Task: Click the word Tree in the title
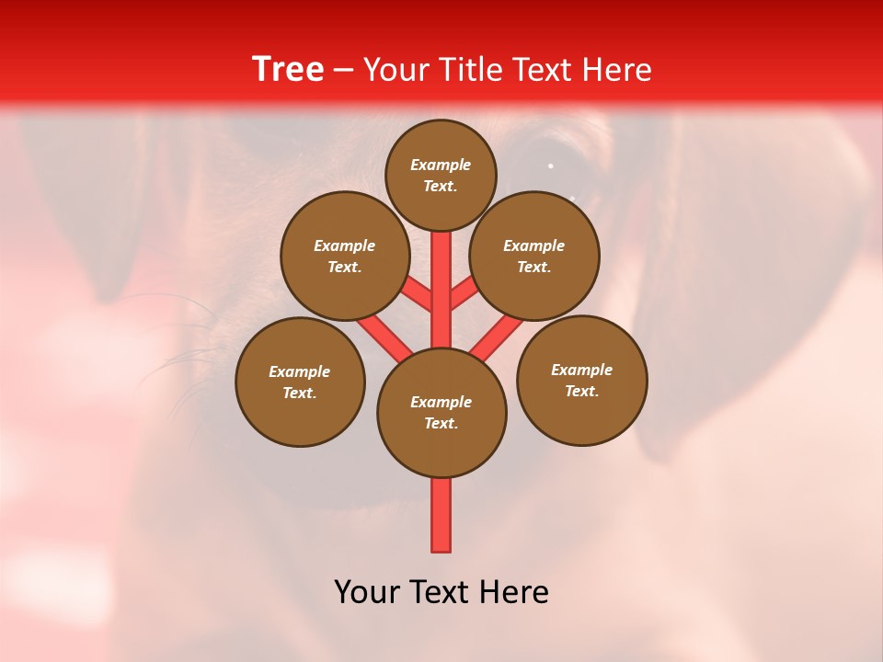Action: coord(288,70)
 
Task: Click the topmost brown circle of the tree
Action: coord(441,175)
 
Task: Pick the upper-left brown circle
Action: coord(344,256)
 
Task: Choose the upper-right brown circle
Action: coord(534,256)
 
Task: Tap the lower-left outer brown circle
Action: coord(300,382)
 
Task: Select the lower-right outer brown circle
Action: coord(581,380)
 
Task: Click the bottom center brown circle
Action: coord(441,413)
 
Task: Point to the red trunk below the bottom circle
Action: coord(441,515)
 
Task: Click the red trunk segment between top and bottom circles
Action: coord(441,290)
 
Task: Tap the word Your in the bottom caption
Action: coord(368,592)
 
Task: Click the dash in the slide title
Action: coord(343,70)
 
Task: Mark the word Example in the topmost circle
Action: coord(441,165)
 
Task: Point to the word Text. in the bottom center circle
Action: coord(441,424)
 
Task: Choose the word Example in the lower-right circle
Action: coord(581,370)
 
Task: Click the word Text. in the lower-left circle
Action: coord(300,394)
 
